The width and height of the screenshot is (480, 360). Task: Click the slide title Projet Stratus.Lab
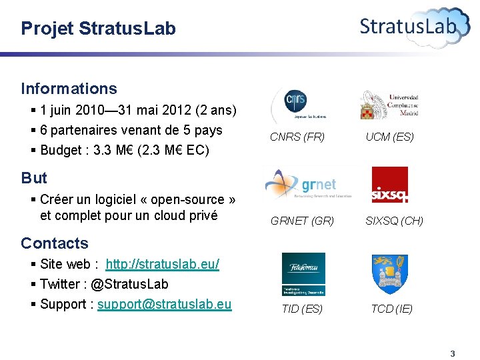[98, 29]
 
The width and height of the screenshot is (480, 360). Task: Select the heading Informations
[69, 89]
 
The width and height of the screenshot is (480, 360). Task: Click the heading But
[34, 178]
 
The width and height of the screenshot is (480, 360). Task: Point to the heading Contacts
[55, 243]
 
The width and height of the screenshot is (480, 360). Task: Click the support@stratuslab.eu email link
[165, 305]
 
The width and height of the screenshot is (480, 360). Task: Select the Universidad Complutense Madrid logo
[389, 105]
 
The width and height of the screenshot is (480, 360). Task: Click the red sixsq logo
[389, 185]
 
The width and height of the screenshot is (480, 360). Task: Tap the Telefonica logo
[303, 274]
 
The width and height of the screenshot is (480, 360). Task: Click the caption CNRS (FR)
[297, 137]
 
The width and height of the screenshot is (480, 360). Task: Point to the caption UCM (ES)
[389, 137]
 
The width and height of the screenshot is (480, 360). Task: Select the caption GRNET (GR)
[302, 221]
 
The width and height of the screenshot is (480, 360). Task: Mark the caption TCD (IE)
[392, 309]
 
